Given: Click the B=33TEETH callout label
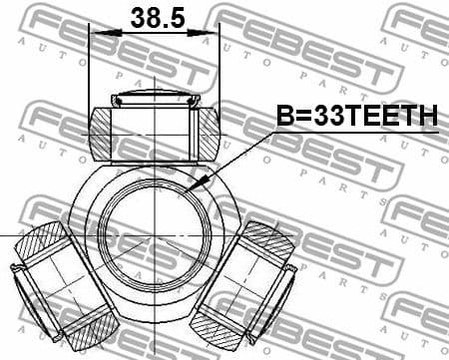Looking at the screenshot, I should click(356, 117).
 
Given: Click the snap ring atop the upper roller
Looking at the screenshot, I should click(154, 98).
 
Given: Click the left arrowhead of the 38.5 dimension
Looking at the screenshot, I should click(95, 34).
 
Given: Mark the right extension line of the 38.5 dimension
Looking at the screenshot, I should click(219, 70).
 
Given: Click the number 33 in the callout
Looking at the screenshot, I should click(328, 117).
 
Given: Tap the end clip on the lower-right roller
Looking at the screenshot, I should click(288, 267).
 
